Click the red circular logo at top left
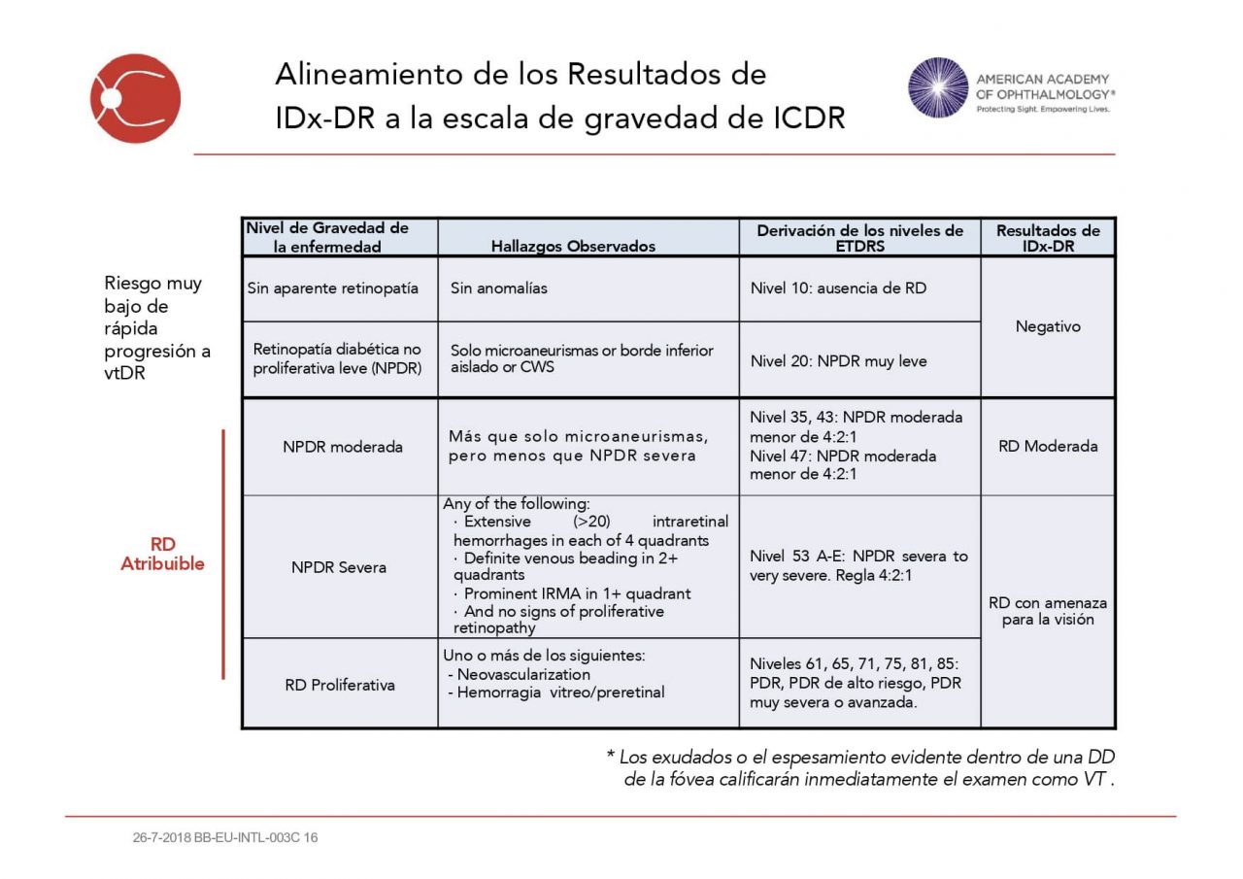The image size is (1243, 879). tap(135, 98)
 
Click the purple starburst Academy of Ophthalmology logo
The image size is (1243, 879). tap(938, 87)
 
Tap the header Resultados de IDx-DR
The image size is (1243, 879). tap(1048, 238)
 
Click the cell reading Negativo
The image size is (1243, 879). tap(1048, 326)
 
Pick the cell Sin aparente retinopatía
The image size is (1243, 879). tap(332, 288)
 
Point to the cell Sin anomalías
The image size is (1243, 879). tap(499, 288)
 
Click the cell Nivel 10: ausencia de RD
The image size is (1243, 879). tap(838, 288)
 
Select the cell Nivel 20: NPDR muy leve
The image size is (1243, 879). tap(838, 361)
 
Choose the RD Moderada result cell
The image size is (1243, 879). tap(1048, 447)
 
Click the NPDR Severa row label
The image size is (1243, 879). tap(339, 567)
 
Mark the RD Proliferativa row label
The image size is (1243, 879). tap(340, 685)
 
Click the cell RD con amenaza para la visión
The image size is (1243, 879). tap(1048, 611)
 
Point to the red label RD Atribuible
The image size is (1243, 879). tap(162, 554)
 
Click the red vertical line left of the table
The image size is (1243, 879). tap(223, 554)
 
